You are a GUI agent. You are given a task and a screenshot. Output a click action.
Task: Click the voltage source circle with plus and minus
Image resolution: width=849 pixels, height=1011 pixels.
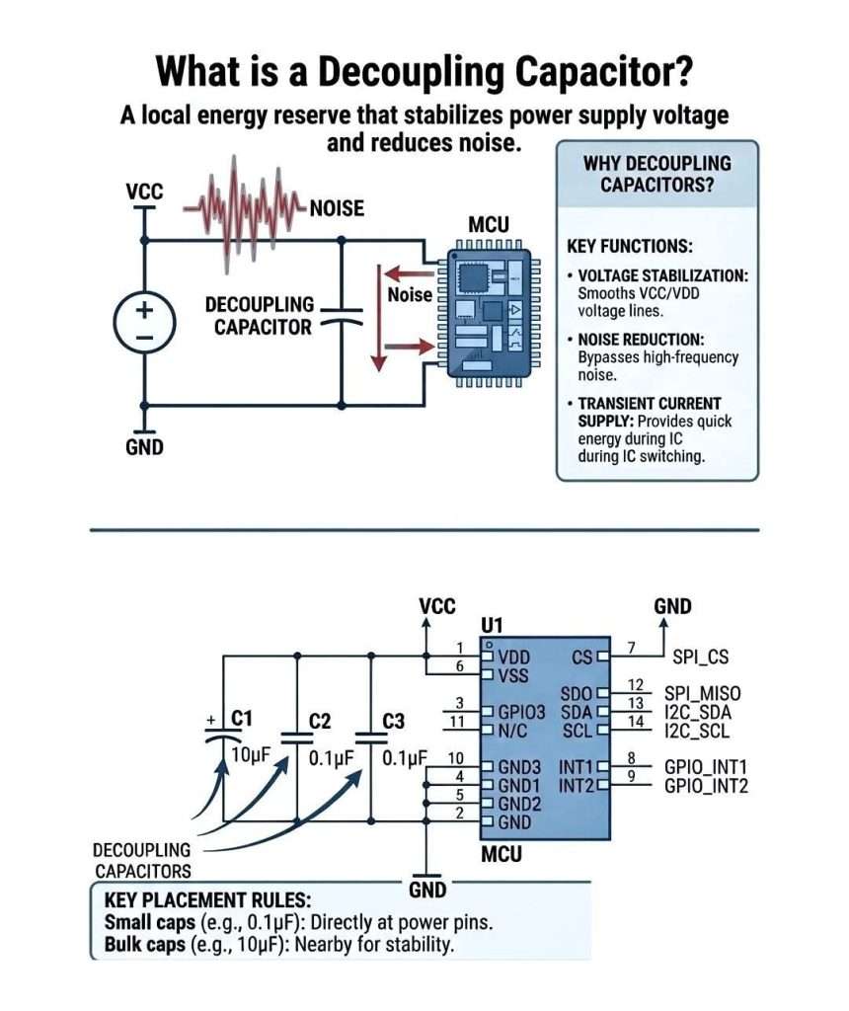tap(144, 322)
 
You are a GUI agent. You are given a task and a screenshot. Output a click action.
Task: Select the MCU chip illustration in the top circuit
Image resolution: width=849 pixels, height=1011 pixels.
tap(488, 310)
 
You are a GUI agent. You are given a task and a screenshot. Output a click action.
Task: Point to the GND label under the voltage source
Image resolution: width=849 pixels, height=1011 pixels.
tap(144, 446)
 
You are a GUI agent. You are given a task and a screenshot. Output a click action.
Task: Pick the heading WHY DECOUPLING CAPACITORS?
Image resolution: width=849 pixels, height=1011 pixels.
tap(657, 173)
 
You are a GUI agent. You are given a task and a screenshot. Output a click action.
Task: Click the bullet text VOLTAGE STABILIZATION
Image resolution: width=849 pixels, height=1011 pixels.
tap(662, 275)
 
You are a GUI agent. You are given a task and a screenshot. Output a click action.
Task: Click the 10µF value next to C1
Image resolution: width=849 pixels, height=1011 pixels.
tap(251, 756)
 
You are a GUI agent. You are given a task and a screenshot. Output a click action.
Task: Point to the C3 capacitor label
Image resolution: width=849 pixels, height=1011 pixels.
tap(393, 722)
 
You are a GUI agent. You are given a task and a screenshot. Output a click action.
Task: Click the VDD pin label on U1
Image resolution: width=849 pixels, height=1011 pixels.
tap(514, 657)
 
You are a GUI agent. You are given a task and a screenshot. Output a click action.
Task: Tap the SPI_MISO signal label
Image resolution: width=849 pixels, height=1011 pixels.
tap(702, 693)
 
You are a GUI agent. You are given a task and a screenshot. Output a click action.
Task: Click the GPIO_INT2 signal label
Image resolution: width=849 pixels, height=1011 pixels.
tap(706, 786)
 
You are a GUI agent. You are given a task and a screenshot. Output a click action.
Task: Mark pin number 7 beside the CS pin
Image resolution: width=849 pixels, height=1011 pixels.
tap(633, 648)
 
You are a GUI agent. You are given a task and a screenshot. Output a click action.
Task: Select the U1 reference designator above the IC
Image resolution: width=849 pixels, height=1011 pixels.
tap(493, 626)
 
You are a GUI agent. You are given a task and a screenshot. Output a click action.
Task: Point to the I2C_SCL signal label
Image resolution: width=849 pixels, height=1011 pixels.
tap(698, 730)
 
